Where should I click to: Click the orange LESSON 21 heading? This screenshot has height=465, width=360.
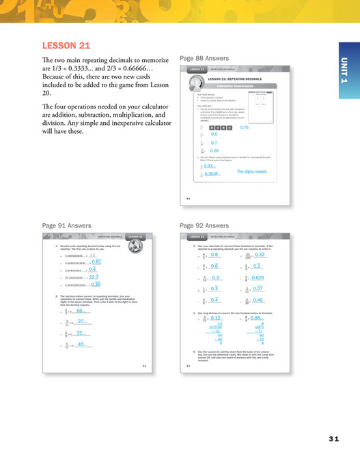click(66, 46)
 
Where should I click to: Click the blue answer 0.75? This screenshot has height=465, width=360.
click(245, 128)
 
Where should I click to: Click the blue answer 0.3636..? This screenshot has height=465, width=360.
click(212, 175)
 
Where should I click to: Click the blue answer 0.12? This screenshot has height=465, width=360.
click(217, 318)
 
